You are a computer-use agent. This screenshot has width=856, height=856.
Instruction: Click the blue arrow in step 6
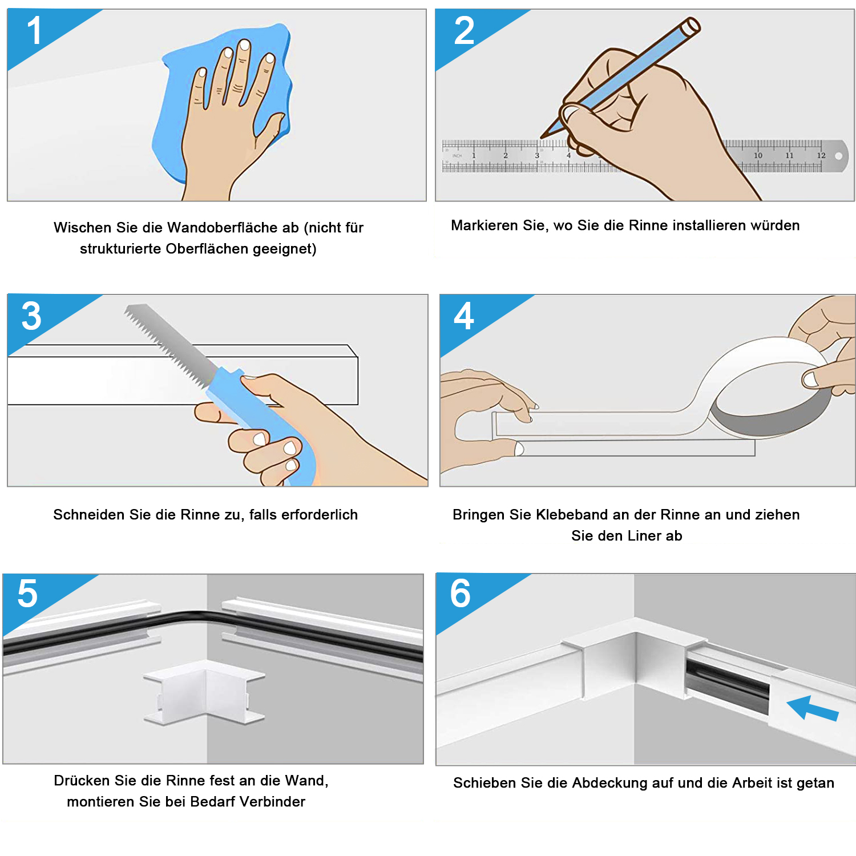(x=812, y=708)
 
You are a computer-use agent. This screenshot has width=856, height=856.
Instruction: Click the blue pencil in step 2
(x=622, y=77)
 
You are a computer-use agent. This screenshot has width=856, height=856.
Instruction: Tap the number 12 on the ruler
(x=821, y=155)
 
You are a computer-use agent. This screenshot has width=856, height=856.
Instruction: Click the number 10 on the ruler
(x=758, y=155)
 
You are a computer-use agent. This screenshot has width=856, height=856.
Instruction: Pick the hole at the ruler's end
(x=839, y=156)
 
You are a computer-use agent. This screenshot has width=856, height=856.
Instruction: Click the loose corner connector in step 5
(x=204, y=693)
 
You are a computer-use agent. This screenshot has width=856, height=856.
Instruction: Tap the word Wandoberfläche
(x=233, y=228)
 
